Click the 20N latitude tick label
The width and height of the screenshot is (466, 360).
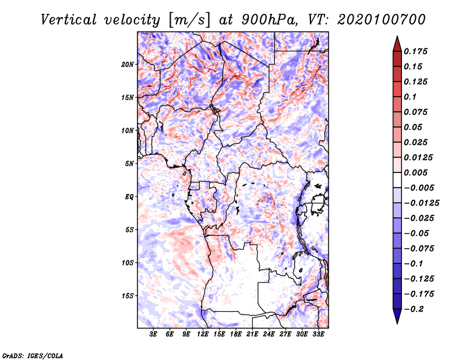pyautogui.click(x=128, y=65)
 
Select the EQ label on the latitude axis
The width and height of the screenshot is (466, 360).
pyautogui.click(x=129, y=197)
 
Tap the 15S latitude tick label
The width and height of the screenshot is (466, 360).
pyautogui.click(x=128, y=296)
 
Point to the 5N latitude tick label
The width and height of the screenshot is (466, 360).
pyautogui.click(x=129, y=164)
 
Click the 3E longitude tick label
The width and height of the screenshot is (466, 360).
pyautogui.click(x=153, y=334)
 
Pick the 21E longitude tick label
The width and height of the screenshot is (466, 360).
pyautogui.click(x=252, y=334)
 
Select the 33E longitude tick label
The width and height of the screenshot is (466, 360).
pyautogui.click(x=318, y=334)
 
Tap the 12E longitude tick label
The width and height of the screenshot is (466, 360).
pyautogui.click(x=203, y=334)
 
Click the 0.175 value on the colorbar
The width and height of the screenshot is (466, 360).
pyautogui.click(x=415, y=52)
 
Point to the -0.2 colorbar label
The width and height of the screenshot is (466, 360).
pyautogui.click(x=414, y=309)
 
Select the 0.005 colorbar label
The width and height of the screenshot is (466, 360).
pyautogui.click(x=415, y=172)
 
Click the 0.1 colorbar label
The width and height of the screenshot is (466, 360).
pyautogui.click(x=410, y=97)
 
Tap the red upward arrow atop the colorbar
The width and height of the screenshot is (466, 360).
pyautogui.click(x=397, y=44)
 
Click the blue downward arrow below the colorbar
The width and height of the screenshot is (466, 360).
pyautogui.click(x=397, y=316)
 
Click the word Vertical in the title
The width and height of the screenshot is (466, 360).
pyautogui.click(x=69, y=20)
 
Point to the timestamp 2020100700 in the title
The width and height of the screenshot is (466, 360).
pyautogui.click(x=382, y=20)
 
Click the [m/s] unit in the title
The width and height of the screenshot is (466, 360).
pyautogui.click(x=189, y=20)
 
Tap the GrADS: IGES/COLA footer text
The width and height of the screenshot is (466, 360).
pyautogui.click(x=33, y=356)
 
